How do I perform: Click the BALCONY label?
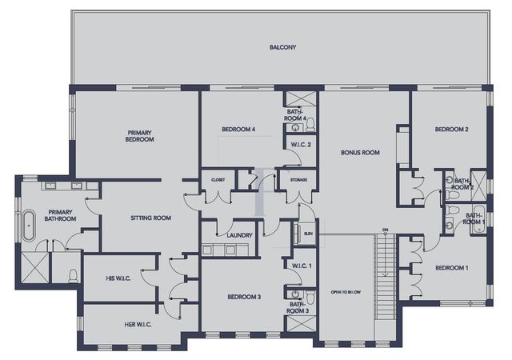[x=282, y=48]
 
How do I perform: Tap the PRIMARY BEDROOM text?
[x=139, y=135]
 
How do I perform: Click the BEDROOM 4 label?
[x=238, y=130]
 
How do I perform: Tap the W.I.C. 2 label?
[x=302, y=145]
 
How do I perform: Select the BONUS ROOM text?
[x=360, y=152]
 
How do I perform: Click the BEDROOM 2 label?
[x=451, y=130]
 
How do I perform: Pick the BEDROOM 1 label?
[x=451, y=269]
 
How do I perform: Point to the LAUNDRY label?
[x=240, y=235]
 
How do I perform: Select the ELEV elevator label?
[x=309, y=234]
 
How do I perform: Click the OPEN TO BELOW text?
[x=346, y=293]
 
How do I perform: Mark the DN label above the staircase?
[x=385, y=230]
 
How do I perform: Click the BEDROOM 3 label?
[x=244, y=297]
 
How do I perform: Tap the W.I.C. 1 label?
[x=302, y=265]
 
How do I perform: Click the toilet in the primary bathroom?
[x=74, y=277]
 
